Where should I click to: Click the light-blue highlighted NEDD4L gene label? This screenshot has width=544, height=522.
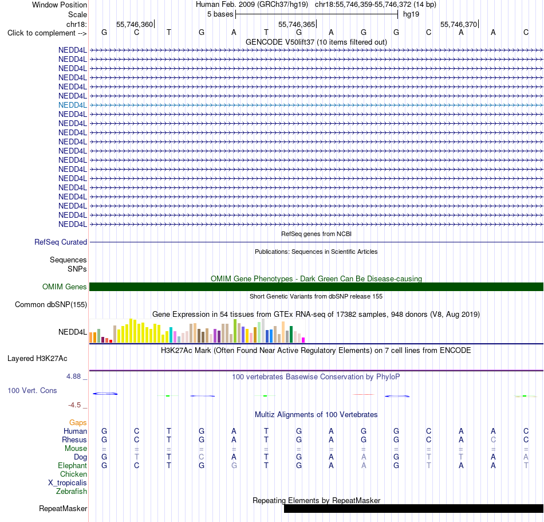click(x=73, y=105)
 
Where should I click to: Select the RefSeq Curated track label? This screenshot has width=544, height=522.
click(x=60, y=242)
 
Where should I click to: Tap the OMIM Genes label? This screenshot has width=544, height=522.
click(x=64, y=286)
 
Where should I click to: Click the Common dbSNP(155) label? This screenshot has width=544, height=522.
click(x=50, y=304)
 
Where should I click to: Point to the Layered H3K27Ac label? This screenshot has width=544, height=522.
click(x=37, y=358)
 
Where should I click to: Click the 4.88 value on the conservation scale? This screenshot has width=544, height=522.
click(x=73, y=376)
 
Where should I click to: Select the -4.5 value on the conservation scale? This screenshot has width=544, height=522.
click(x=74, y=405)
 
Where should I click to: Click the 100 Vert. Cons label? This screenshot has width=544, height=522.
click(x=32, y=390)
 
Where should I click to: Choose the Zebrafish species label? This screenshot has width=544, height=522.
click(x=72, y=491)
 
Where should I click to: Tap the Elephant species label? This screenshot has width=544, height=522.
click(x=72, y=465)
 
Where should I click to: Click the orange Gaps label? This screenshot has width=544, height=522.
click(x=78, y=422)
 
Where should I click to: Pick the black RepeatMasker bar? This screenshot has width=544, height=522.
click(x=413, y=508)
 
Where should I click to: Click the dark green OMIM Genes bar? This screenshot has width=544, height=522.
click(x=317, y=286)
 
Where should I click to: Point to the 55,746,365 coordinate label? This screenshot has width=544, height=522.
click(x=297, y=24)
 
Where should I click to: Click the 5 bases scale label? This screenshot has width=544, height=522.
click(x=220, y=14)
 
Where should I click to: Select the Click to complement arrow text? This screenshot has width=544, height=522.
click(x=47, y=33)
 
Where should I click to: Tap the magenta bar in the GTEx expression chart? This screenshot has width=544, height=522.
click(x=303, y=340)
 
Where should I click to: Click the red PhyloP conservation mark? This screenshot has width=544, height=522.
click(x=363, y=394)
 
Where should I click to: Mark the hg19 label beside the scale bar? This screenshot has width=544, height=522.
click(x=411, y=14)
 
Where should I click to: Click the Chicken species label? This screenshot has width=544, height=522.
click(x=73, y=474)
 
